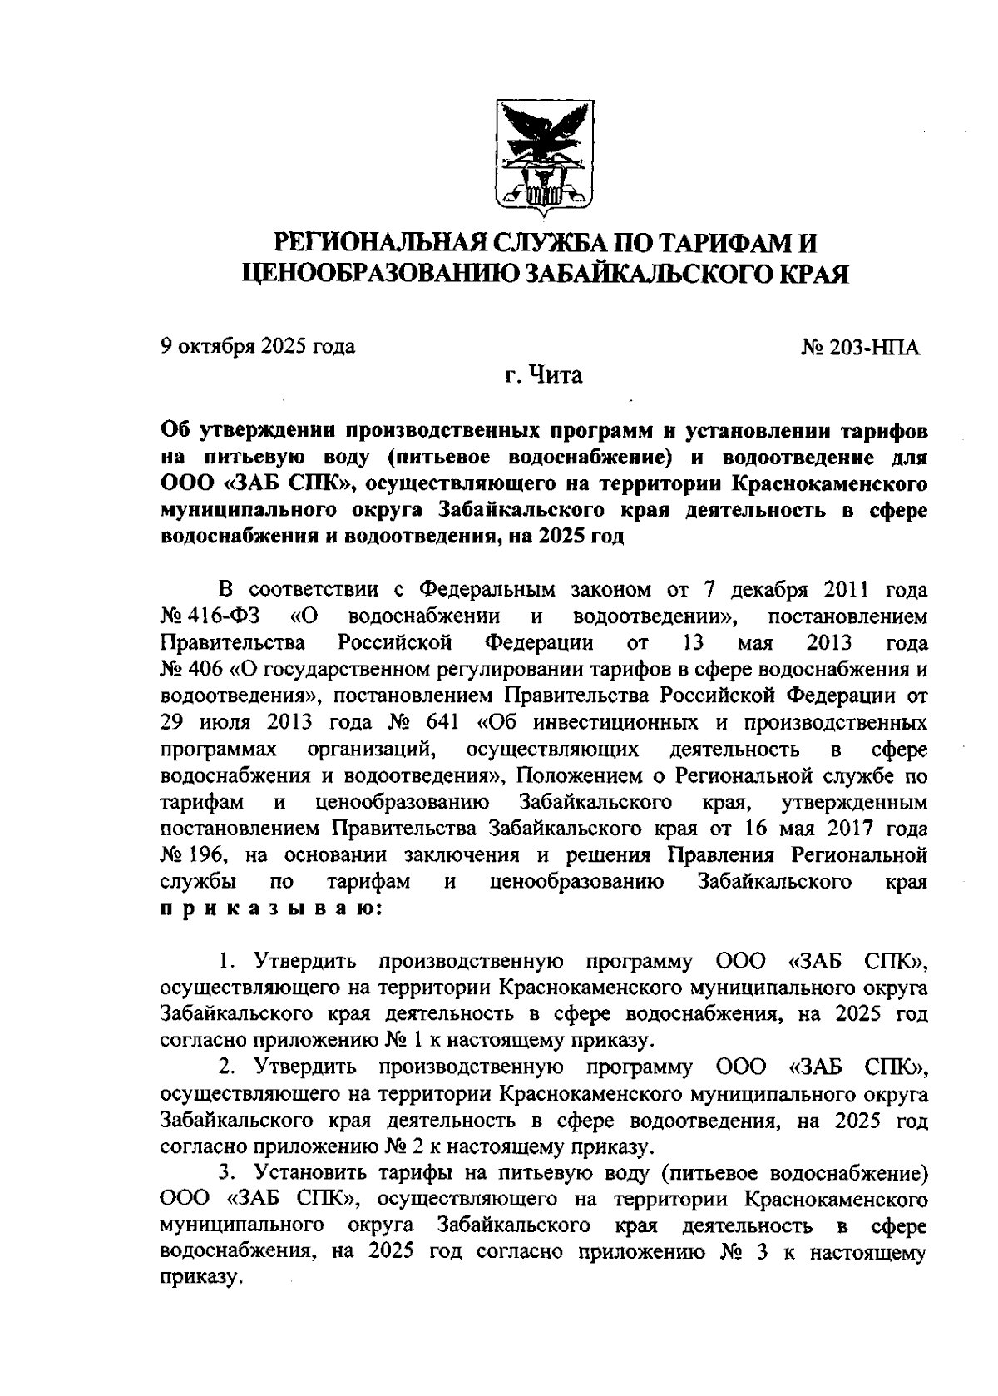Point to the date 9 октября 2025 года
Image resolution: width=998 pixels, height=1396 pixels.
coord(257,346)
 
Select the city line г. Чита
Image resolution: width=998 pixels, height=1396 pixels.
coord(545,375)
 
